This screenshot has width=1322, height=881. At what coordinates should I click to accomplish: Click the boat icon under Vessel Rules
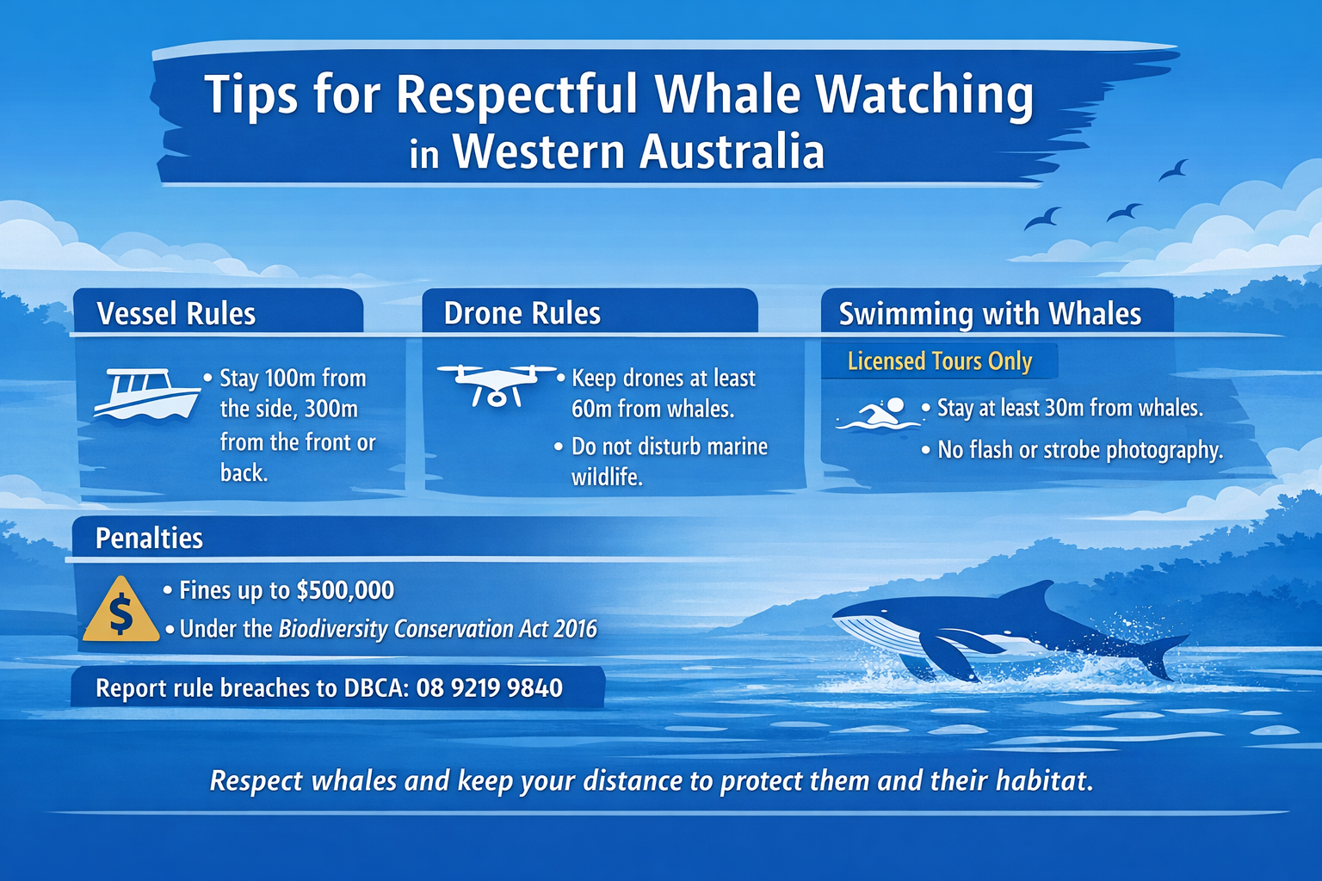145,394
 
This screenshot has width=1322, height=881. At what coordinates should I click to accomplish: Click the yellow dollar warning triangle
121,611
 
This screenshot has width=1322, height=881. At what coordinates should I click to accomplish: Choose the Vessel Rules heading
176,314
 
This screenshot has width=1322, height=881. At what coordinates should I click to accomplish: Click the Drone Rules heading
522,314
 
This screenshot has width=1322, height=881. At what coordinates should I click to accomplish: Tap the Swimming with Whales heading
990,314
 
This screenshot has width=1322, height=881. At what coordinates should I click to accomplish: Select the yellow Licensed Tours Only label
939,361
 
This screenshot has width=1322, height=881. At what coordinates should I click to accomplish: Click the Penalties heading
149,539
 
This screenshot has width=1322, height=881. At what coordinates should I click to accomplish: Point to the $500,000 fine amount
345,590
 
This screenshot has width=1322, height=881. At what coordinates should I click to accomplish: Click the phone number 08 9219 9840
489,688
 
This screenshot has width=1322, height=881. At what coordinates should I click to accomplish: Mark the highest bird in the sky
1174,169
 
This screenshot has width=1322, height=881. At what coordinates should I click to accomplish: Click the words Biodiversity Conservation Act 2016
437,629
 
